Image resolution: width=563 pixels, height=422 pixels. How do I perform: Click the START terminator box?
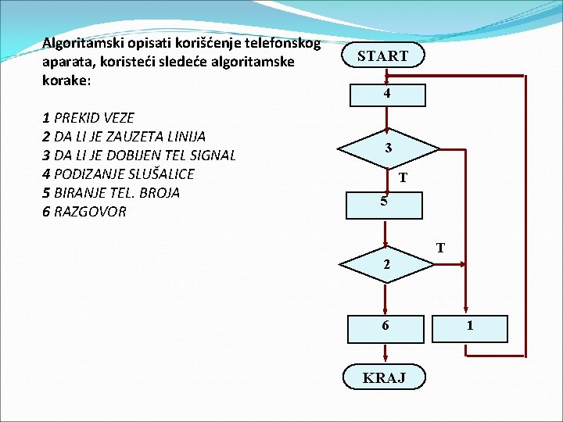[383, 55]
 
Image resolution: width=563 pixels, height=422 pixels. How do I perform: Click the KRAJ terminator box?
[384, 377]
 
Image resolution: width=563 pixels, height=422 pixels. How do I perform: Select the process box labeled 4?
[386, 94]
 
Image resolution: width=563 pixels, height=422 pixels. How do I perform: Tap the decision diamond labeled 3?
[388, 148]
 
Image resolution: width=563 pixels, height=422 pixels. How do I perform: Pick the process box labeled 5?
[385, 202]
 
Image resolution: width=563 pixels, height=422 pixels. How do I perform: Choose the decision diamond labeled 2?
[385, 265]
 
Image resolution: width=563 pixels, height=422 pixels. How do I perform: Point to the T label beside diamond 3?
[402, 178]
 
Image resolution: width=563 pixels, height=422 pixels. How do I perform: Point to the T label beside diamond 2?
[440, 249]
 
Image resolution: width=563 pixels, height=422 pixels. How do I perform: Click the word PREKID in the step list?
[78, 118]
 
